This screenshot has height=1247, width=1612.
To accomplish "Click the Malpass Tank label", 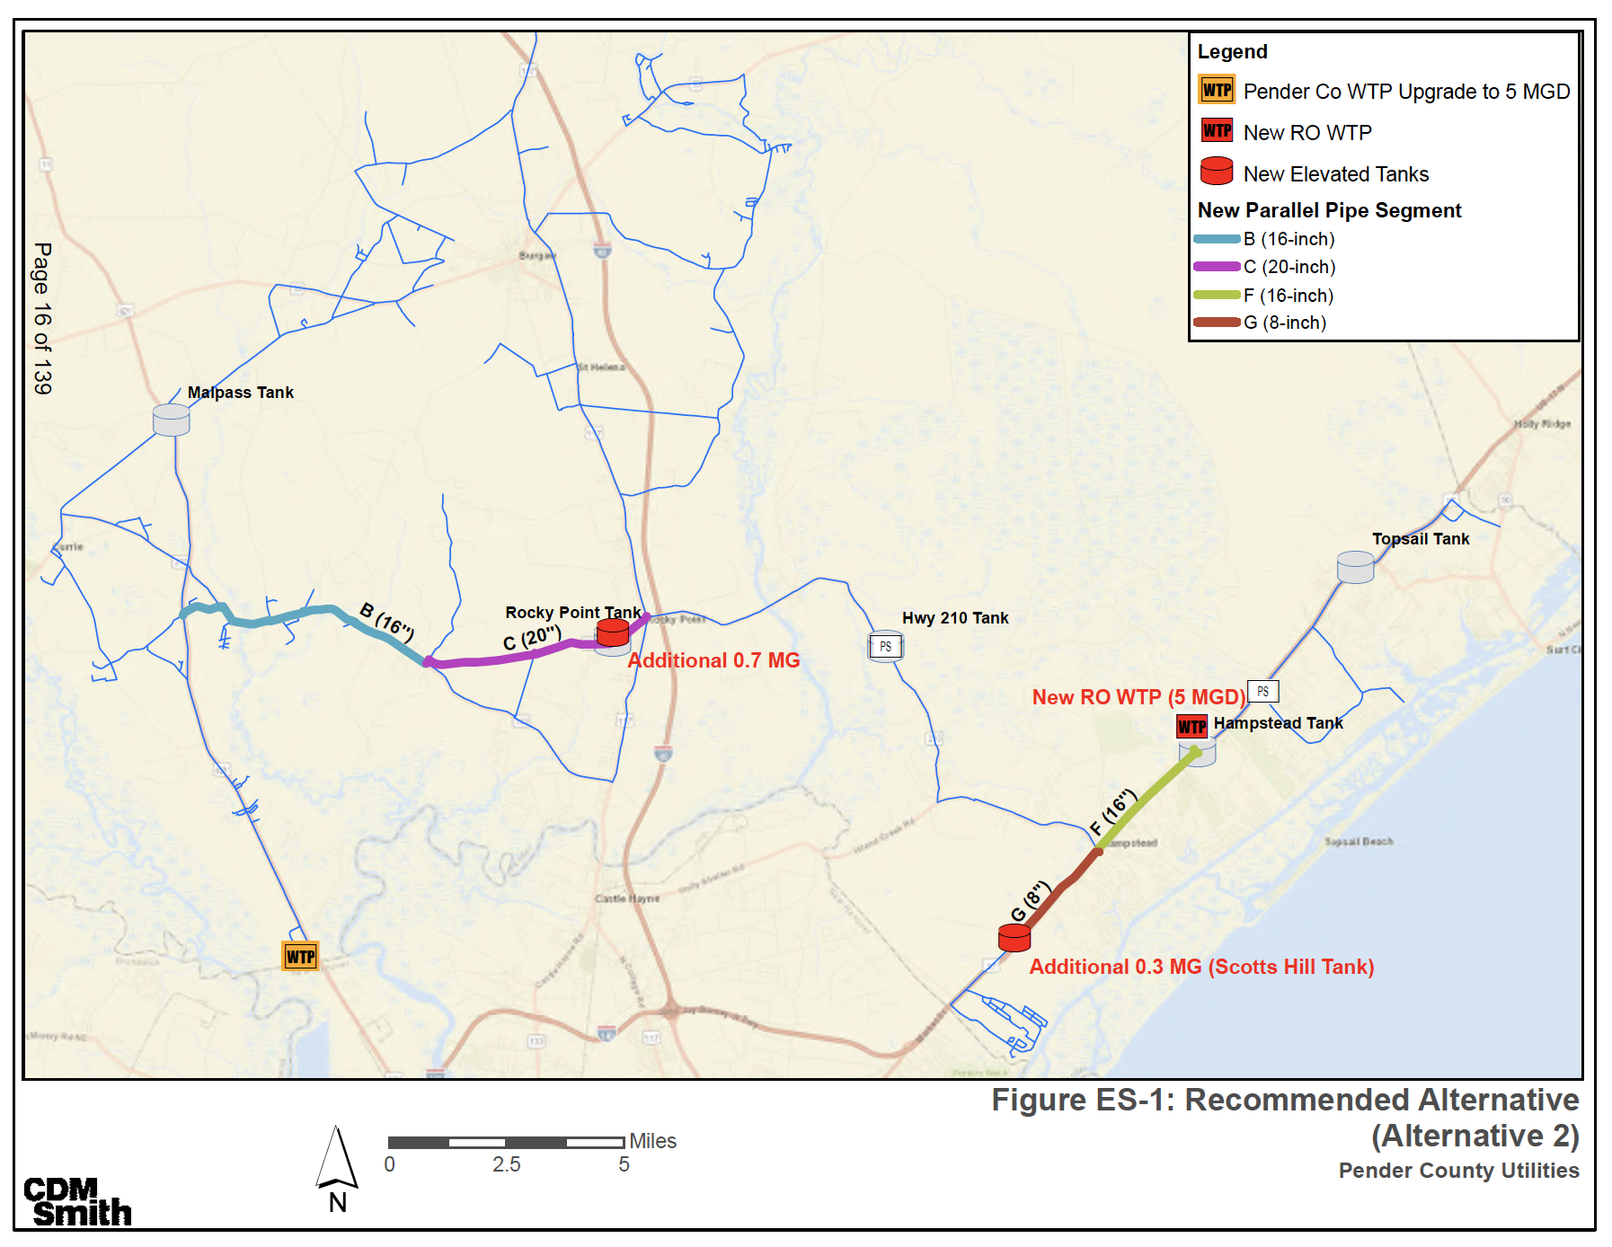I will click(240, 393).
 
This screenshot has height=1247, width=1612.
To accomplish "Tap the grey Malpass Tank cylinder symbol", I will click(171, 420).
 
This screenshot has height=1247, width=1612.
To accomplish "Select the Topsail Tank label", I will click(1420, 539).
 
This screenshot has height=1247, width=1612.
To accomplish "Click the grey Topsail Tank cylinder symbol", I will click(1355, 567).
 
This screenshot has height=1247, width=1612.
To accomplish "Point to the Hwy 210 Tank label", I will click(954, 618).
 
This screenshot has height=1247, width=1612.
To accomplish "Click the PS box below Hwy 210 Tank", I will click(885, 647).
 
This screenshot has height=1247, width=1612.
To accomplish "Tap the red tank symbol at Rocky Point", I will click(613, 632).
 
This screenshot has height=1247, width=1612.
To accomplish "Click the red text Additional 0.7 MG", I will click(713, 660).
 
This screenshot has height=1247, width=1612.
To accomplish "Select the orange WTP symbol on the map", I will click(300, 957).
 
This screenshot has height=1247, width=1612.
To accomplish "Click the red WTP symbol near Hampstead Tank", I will click(1191, 726).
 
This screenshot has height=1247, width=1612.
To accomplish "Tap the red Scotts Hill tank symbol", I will click(1014, 938).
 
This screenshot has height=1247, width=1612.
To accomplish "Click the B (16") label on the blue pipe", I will click(387, 622).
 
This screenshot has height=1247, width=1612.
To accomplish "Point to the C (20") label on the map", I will click(532, 638).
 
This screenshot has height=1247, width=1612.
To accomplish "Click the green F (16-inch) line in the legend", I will click(1217, 296).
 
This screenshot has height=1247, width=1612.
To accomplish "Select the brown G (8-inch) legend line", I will click(1217, 323).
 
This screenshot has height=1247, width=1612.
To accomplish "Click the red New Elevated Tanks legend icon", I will click(1217, 171).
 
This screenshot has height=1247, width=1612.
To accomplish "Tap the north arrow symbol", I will click(337, 1159).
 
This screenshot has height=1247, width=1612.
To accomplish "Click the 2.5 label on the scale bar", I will click(506, 1165).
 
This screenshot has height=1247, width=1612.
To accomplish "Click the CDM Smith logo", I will click(77, 1203).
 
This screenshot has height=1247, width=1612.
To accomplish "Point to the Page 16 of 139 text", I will click(42, 318).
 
